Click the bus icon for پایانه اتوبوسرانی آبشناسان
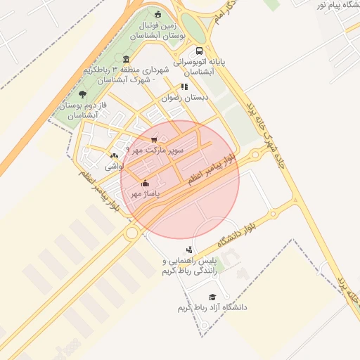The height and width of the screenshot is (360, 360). click(x=200, y=51)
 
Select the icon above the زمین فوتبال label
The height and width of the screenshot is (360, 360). click(x=157, y=13)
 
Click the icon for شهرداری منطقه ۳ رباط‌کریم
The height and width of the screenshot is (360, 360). click(x=126, y=59)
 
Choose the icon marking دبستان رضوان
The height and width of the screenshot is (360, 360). click(x=184, y=87)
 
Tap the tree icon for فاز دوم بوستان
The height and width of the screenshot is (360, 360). click(x=83, y=94)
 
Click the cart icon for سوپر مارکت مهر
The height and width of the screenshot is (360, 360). click(x=154, y=139)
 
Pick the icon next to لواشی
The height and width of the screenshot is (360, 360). click(x=114, y=155)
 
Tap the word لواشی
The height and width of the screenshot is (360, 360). click(x=114, y=167)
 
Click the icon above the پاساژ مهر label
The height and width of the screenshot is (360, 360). click(x=145, y=183)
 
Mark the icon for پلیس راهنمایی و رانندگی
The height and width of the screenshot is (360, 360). click(x=188, y=250)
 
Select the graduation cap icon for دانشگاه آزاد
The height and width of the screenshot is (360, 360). click(x=212, y=297)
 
